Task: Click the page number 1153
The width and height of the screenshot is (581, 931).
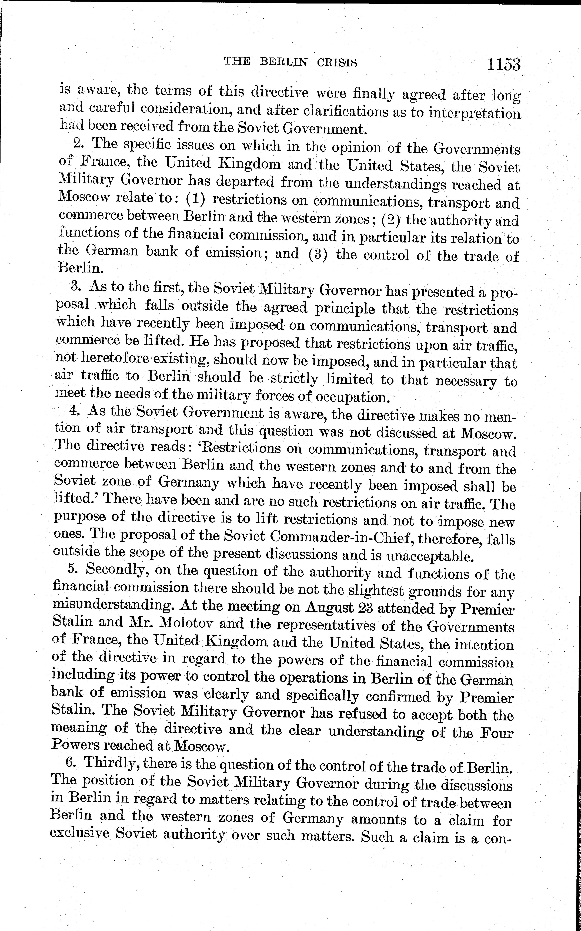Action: (x=504, y=64)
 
